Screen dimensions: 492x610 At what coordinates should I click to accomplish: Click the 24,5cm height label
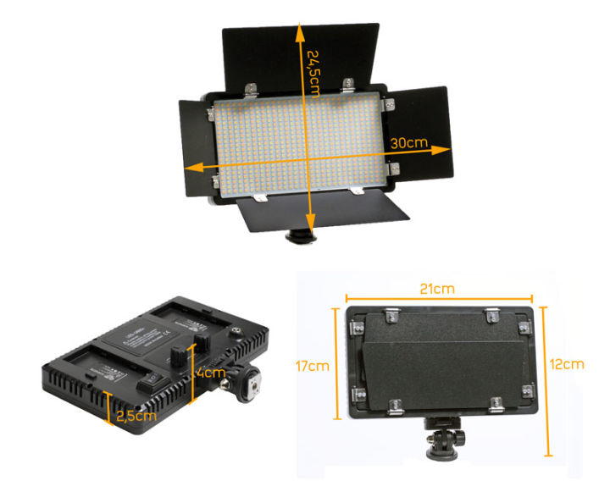click(315, 63)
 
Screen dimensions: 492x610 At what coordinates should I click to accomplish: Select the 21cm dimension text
click(436, 288)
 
